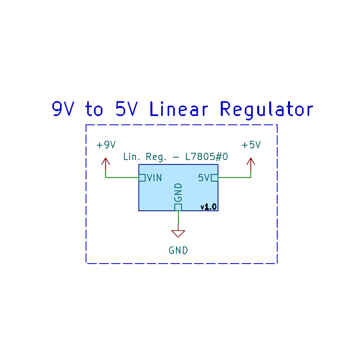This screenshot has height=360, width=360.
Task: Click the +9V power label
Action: tap(106, 145)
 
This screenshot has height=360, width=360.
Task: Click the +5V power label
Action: tap(251, 145)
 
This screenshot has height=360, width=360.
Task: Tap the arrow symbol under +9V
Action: tap(106, 164)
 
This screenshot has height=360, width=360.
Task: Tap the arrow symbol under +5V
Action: tap(251, 164)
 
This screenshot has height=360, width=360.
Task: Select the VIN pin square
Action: tap(142, 178)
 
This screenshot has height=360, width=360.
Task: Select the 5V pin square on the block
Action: tap(214, 178)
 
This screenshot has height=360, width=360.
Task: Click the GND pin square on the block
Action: tap(178, 207)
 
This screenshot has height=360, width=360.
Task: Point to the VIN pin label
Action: tap(154, 178)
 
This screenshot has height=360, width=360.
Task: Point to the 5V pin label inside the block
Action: tap(204, 178)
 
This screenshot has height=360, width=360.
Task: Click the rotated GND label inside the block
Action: tap(178, 193)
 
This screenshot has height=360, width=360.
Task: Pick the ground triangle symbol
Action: tap(178, 234)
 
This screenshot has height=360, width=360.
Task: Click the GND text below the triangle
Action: tap(178, 250)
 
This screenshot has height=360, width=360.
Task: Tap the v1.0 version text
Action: tap(208, 207)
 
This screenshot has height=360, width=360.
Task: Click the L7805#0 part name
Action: tap(206, 157)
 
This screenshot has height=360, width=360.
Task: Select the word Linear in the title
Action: tap(179, 109)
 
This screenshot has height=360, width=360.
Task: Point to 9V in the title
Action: tap(63, 109)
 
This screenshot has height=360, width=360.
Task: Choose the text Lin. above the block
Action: tap(132, 157)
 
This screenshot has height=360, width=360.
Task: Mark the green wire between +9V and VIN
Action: tap(122, 178)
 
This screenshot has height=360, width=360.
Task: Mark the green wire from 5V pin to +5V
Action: tap(234, 178)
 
